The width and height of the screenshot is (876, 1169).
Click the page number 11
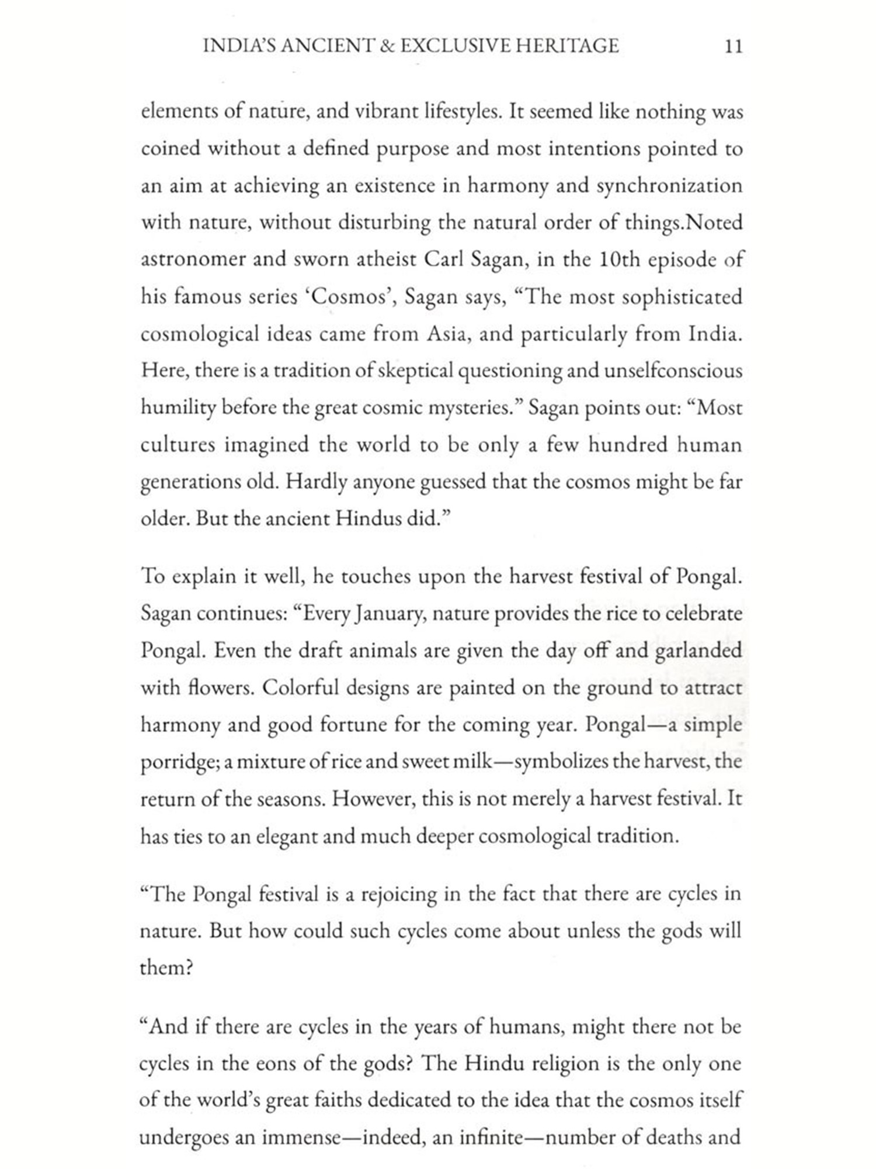pos(734,46)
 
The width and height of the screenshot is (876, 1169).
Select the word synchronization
pos(669,186)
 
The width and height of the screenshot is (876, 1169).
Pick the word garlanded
pos(698,651)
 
